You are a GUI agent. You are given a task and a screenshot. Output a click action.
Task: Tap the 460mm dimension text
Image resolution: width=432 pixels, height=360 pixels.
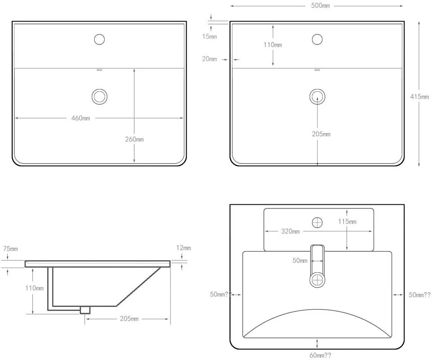coord(81,118)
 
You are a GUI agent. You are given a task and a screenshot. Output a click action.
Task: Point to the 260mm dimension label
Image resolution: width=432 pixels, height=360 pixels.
coord(134,139)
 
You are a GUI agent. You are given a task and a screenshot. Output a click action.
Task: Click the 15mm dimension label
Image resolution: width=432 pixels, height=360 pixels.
coord(209,36)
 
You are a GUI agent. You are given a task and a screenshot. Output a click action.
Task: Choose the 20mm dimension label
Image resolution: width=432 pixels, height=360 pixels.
coord(209,59)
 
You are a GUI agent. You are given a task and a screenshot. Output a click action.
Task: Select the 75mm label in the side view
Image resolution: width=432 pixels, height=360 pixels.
coord(11,249)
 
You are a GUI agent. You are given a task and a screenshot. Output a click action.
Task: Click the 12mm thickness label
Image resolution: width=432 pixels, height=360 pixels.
coord(183,248)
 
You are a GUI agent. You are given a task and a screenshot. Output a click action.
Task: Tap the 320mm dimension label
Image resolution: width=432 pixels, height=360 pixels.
coord(290,232)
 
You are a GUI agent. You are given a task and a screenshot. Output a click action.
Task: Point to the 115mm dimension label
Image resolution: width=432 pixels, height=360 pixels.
coord(347,221)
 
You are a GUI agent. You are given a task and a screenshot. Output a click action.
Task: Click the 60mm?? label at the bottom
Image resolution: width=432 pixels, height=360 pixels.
coord(320,355)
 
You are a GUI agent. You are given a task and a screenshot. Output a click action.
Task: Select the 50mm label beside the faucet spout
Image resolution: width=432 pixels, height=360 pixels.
coord(300,261)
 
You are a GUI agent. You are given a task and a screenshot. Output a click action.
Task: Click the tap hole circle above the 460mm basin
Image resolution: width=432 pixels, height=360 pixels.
coord(99,39)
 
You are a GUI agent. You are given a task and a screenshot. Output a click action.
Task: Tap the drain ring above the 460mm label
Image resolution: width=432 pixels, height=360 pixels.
coord(99,96)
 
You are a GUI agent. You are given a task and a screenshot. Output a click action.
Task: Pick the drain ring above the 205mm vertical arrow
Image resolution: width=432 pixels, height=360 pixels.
coord(317,96)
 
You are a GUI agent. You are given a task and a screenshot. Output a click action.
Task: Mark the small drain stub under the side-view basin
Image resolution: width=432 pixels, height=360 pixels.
coord(85,310)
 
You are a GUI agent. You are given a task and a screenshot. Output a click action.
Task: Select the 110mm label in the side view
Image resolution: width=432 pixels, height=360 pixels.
coord(35,288)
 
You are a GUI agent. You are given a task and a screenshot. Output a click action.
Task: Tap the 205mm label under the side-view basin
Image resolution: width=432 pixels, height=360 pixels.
coord(129,319)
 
